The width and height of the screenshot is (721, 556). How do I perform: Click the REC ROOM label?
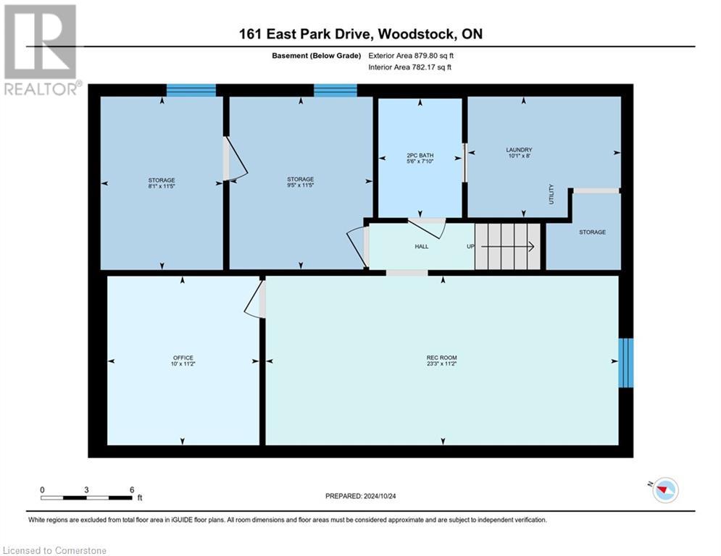441,358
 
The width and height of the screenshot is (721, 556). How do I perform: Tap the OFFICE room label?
183,358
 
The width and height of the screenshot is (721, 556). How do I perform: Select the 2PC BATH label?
420,155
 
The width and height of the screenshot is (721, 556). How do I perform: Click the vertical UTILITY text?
551,193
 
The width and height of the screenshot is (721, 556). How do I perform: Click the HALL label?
421,247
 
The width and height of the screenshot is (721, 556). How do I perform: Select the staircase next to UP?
507,246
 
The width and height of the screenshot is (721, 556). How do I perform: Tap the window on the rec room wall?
625,363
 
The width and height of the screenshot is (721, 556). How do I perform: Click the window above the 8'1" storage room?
191,90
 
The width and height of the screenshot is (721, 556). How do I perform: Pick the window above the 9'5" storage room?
335,90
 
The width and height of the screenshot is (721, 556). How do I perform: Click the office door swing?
254,300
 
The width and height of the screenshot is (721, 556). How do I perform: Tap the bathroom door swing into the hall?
429,227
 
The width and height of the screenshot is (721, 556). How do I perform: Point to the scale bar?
87,497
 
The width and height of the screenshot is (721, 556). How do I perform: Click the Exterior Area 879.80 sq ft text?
411,55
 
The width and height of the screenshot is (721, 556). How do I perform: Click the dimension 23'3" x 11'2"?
441,364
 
